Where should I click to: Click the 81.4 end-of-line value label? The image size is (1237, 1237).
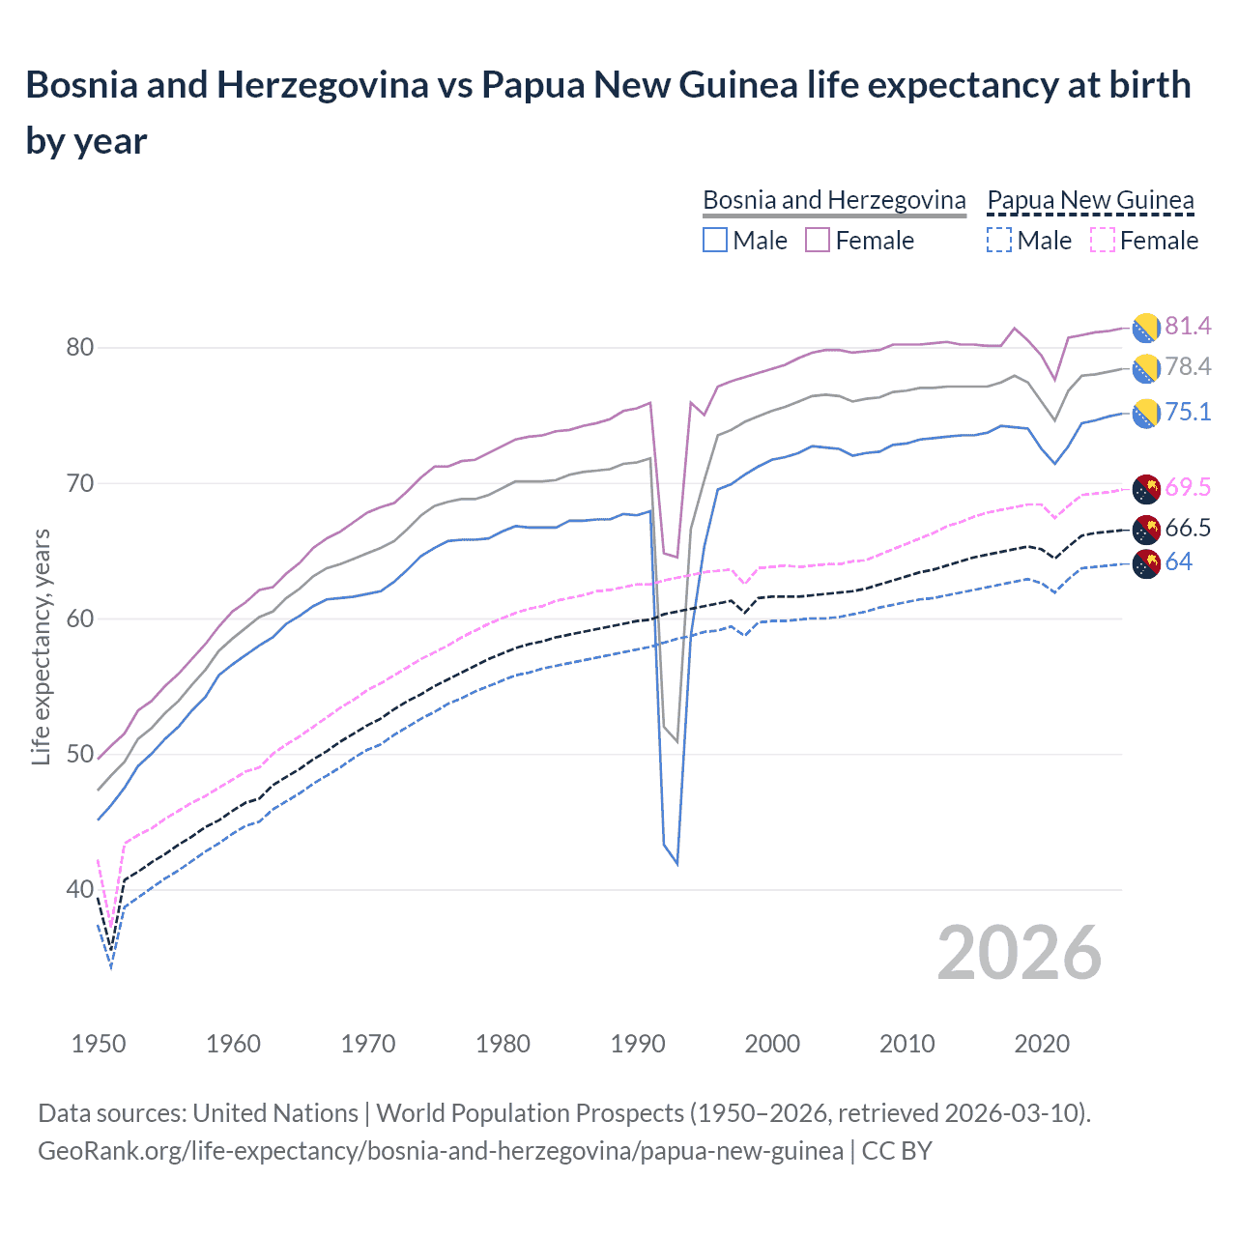click(1187, 327)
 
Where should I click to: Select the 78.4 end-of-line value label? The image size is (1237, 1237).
click(1187, 367)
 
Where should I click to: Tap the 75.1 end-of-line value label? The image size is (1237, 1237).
click(1187, 413)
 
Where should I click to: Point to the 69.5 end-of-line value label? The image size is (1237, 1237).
click(1187, 488)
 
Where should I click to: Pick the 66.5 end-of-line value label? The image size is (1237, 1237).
click(1187, 529)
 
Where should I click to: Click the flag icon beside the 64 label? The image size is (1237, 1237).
click(1146, 563)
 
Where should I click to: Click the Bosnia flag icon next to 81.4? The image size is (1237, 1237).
click(1146, 328)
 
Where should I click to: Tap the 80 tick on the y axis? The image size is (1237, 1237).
click(79, 348)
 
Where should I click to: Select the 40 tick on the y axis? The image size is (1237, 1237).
click(79, 890)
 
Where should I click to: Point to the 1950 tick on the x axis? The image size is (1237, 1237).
click(99, 1045)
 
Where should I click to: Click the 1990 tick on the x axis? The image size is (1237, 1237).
click(638, 1045)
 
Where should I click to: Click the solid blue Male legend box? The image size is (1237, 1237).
click(715, 241)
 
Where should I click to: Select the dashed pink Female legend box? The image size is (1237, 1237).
click(1102, 241)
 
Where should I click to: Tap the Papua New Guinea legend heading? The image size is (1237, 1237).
click(1090, 201)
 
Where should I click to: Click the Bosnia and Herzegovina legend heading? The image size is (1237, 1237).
click(834, 201)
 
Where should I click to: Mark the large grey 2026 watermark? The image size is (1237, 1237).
click(1019, 954)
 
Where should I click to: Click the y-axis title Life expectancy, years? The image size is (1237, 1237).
click(41, 647)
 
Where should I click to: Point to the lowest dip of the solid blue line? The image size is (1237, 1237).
click(676, 863)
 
